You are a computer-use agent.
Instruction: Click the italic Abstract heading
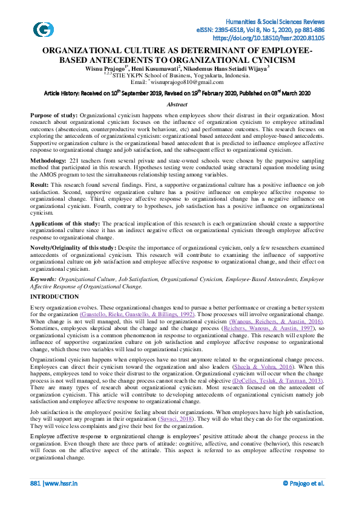[x=176, y=105]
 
